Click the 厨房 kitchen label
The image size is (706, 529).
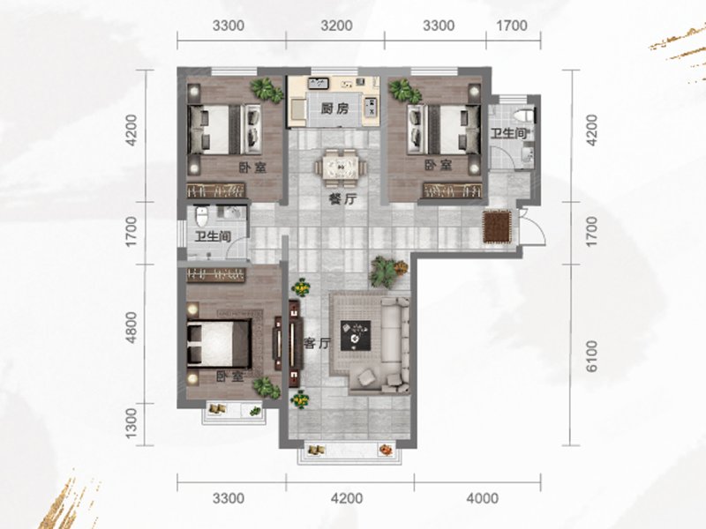tap(335, 108)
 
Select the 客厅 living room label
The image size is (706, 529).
tap(317, 344)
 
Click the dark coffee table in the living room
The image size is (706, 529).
tap(356, 335)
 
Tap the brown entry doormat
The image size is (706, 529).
tap(497, 227)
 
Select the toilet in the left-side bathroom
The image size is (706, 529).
tap(202, 217)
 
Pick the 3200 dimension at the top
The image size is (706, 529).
tap(336, 26)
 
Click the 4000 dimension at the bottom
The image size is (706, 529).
tap(482, 498)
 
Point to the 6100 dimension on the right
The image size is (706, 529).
tap(591, 356)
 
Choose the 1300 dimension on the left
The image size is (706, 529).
tap(131, 423)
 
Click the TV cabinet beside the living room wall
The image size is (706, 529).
tap(295, 344)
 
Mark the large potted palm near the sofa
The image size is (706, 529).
tap(386, 272)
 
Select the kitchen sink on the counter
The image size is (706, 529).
tap(319, 83)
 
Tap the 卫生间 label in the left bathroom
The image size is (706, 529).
tap(213, 235)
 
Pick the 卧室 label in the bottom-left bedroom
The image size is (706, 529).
tap(230, 376)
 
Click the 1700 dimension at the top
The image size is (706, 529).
tap(511, 26)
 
